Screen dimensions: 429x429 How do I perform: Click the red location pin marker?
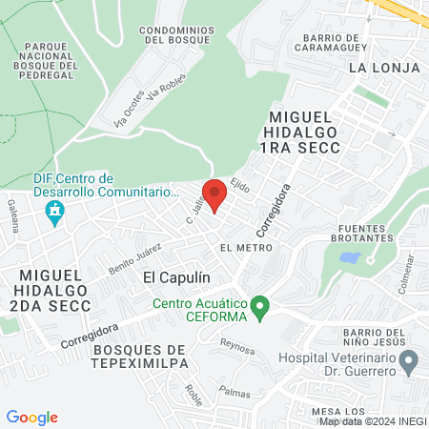point(215,194)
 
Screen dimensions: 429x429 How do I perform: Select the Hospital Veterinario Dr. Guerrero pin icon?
point(410,362)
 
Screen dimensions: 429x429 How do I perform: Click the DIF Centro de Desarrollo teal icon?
point(54,211)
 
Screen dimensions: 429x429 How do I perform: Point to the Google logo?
point(31,418)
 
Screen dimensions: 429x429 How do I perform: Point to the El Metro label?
point(239,248)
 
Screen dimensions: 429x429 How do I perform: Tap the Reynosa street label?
point(237,345)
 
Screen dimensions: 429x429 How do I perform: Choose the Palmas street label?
point(234,392)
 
